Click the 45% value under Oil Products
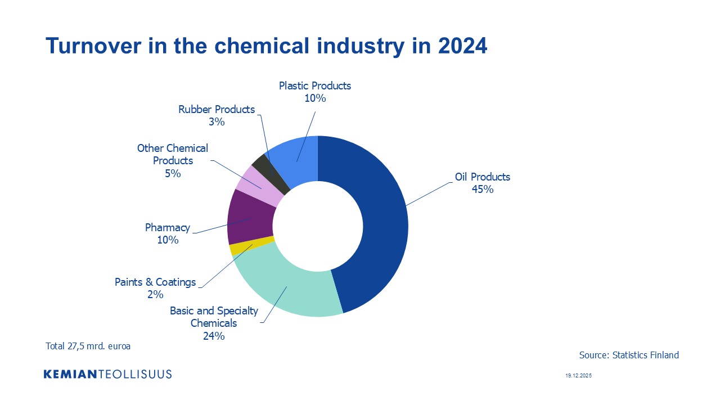483,190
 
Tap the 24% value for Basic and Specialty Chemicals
214,336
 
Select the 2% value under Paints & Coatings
155,294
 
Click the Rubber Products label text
217,109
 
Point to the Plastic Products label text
315,85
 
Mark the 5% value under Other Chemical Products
173,174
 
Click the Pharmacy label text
168,228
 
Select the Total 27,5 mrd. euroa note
88,346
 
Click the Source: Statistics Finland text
629,355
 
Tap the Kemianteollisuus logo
107,374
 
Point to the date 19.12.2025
579,375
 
